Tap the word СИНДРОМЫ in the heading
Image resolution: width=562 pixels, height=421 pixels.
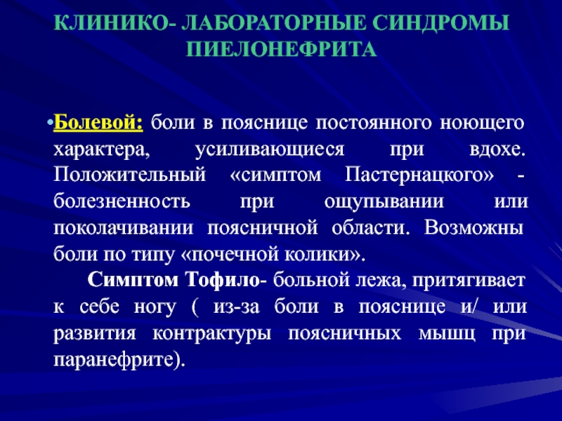(440, 23)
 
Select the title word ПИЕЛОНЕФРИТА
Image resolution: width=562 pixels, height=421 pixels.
(281, 49)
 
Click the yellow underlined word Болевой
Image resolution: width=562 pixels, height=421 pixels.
(98, 123)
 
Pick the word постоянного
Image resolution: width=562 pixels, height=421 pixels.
(374, 123)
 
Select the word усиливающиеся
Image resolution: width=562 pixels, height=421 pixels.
(270, 149)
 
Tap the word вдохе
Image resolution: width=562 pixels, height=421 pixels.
(497, 149)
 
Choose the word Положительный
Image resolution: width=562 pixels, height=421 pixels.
(130, 175)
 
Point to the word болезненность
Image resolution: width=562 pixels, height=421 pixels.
(122, 201)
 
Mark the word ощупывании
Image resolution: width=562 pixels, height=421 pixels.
(384, 202)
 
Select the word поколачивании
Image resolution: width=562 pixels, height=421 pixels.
(124, 228)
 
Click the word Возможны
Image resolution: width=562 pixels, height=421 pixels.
(473, 227)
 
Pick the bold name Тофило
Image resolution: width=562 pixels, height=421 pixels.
(223, 280)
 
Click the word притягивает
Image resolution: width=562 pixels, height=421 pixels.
(469, 281)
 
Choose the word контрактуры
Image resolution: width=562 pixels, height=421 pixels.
(212, 334)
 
